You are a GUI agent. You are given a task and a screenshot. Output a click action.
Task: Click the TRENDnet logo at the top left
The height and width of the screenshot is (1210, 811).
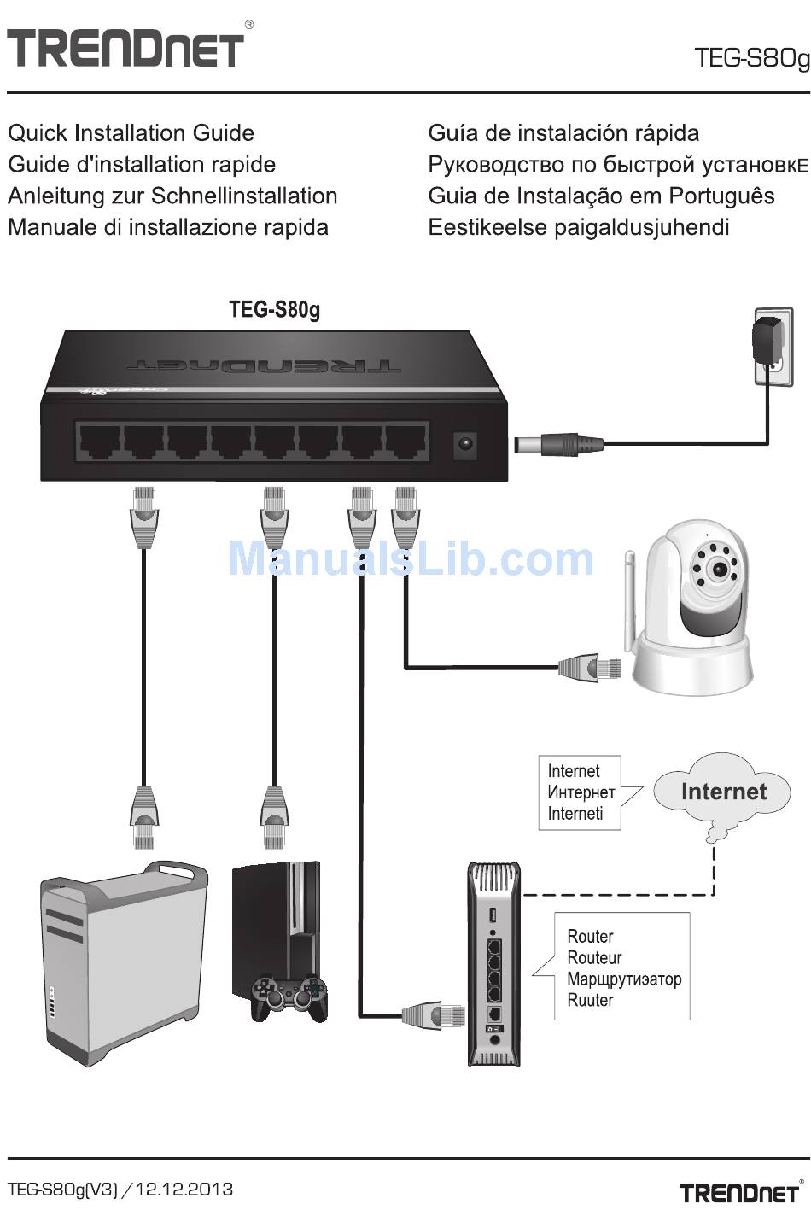125,48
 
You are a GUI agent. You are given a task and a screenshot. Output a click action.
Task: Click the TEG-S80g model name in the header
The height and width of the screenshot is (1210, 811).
750,58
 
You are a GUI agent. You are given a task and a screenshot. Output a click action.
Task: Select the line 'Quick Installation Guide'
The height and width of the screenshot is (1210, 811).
131,133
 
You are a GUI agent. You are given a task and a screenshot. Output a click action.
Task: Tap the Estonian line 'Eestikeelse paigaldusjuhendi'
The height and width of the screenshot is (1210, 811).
579,227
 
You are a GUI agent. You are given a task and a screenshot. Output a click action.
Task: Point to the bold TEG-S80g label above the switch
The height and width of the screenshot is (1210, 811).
274,309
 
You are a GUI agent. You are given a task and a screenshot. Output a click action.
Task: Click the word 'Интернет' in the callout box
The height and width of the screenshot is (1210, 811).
581,792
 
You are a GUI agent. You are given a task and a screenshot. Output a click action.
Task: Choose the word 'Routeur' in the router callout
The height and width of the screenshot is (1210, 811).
594,958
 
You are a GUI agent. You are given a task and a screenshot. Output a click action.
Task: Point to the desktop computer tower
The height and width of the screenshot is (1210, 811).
123,961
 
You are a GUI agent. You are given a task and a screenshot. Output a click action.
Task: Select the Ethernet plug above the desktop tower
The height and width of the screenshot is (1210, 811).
144,816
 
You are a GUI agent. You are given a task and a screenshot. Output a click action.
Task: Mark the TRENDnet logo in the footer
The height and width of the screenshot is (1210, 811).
739,1191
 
